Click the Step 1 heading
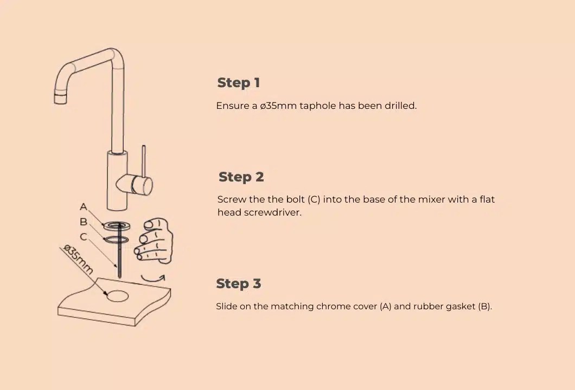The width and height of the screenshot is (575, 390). (x=239, y=83)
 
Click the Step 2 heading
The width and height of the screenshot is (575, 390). (x=241, y=177)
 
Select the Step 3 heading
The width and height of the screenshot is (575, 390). (x=238, y=284)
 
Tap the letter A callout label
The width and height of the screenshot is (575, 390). (x=84, y=207)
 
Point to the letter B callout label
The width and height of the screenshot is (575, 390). (x=84, y=222)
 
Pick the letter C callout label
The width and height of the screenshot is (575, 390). (x=84, y=237)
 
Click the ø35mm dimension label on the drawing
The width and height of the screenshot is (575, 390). (x=78, y=259)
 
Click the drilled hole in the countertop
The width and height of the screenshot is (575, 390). (x=118, y=296)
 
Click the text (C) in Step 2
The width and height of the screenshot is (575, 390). (x=314, y=199)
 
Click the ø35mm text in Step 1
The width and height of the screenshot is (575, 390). (x=278, y=106)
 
